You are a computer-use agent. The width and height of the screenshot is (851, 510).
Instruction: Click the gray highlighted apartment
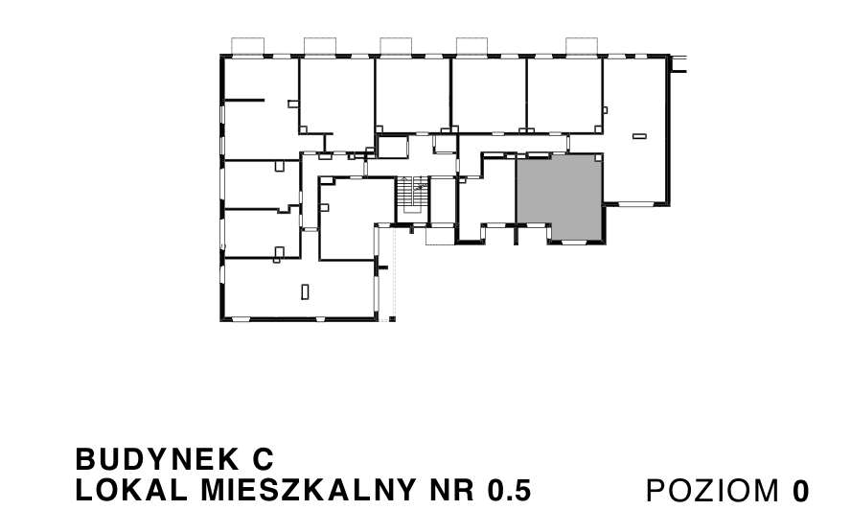pos(559,196)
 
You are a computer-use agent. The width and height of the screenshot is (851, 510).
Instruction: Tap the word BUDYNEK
pos(156,459)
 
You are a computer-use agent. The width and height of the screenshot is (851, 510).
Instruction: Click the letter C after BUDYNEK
pos(264,459)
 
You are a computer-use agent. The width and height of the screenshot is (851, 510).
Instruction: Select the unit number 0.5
pos(509,491)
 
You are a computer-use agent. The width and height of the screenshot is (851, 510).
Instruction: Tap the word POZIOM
pos(713,491)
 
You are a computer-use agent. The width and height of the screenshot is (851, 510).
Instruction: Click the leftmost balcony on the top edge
pos(248,46)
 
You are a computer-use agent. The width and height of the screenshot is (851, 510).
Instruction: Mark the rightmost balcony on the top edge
pos(582,46)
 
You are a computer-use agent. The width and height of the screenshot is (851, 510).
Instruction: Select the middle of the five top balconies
pos(396,46)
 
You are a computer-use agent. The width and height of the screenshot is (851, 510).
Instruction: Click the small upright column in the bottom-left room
pos(305,291)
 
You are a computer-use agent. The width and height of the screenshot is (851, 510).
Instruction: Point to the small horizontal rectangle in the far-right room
pos(640,136)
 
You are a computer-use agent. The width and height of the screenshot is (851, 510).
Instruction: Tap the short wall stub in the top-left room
pos(244,100)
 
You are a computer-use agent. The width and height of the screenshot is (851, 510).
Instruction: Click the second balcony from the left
pos(320,46)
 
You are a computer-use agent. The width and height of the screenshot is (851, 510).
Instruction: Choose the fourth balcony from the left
pos(471,46)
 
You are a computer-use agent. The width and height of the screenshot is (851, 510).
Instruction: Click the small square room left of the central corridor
pos(392,148)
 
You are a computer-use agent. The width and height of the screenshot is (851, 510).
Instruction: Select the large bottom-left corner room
pos(300,289)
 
